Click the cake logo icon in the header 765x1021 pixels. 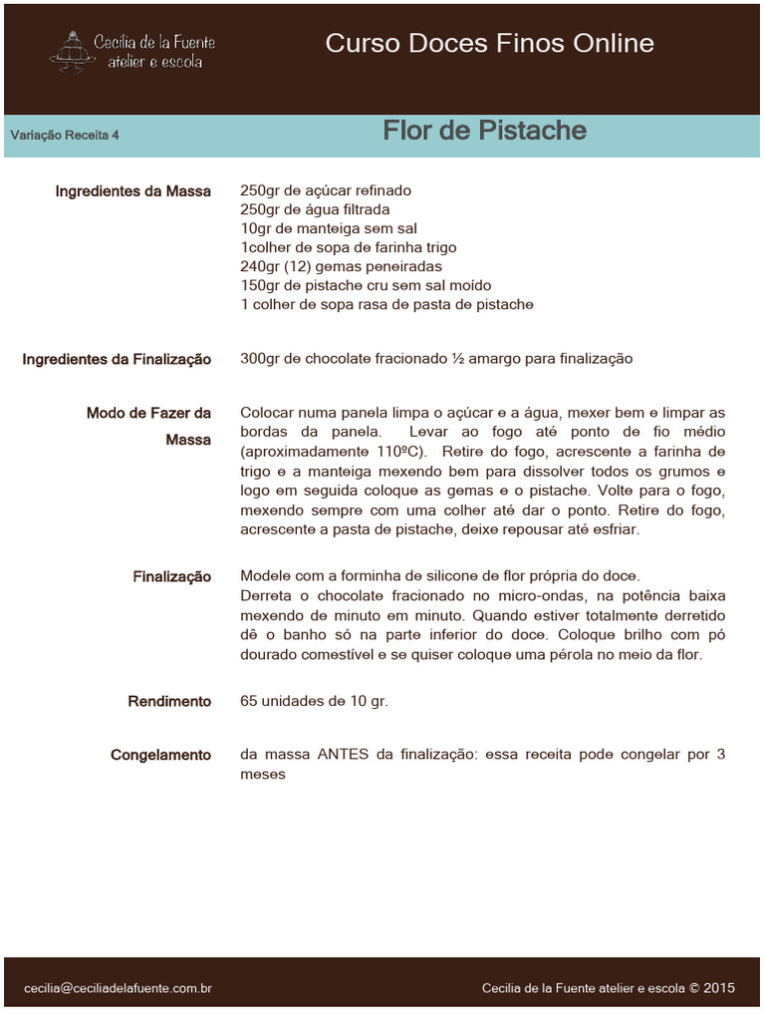(69, 50)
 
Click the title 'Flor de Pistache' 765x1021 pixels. (484, 131)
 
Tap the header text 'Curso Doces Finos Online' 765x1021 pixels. (489, 44)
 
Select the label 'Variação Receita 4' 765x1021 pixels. (66, 136)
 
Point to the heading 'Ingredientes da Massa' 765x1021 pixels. (133, 190)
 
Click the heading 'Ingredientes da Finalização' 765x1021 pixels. (117, 359)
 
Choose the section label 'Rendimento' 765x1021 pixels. (169, 702)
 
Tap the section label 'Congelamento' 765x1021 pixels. (160, 756)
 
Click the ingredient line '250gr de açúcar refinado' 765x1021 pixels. (326, 190)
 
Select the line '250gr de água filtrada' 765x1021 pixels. (315, 209)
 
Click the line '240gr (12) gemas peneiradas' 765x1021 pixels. (341, 266)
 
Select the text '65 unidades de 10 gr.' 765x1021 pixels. (314, 701)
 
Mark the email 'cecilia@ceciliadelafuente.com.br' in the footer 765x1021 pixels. (118, 988)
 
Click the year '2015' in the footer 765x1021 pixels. (719, 988)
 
